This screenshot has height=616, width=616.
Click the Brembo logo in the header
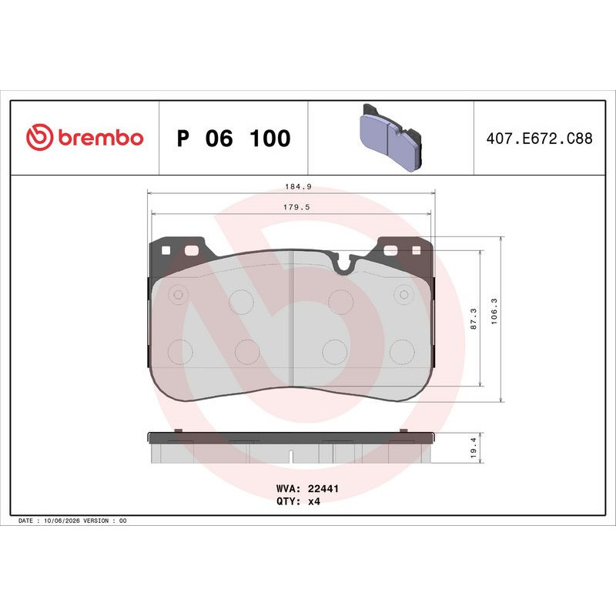pyautogui.click(x=85, y=138)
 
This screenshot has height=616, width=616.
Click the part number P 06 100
pyautogui.click(x=234, y=139)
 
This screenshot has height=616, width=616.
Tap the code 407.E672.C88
pyautogui.click(x=539, y=139)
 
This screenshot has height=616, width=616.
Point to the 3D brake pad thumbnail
pyautogui.click(x=391, y=137)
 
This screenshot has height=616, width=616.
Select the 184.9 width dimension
pyautogui.click(x=298, y=186)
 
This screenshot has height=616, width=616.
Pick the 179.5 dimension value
pyautogui.click(x=296, y=207)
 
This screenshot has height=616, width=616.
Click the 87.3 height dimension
pyautogui.click(x=474, y=319)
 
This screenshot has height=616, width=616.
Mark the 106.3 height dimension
pyautogui.click(x=494, y=311)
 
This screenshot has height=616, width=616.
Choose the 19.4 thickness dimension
pyautogui.click(x=474, y=448)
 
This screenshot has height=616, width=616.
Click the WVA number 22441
pyautogui.click(x=323, y=488)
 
